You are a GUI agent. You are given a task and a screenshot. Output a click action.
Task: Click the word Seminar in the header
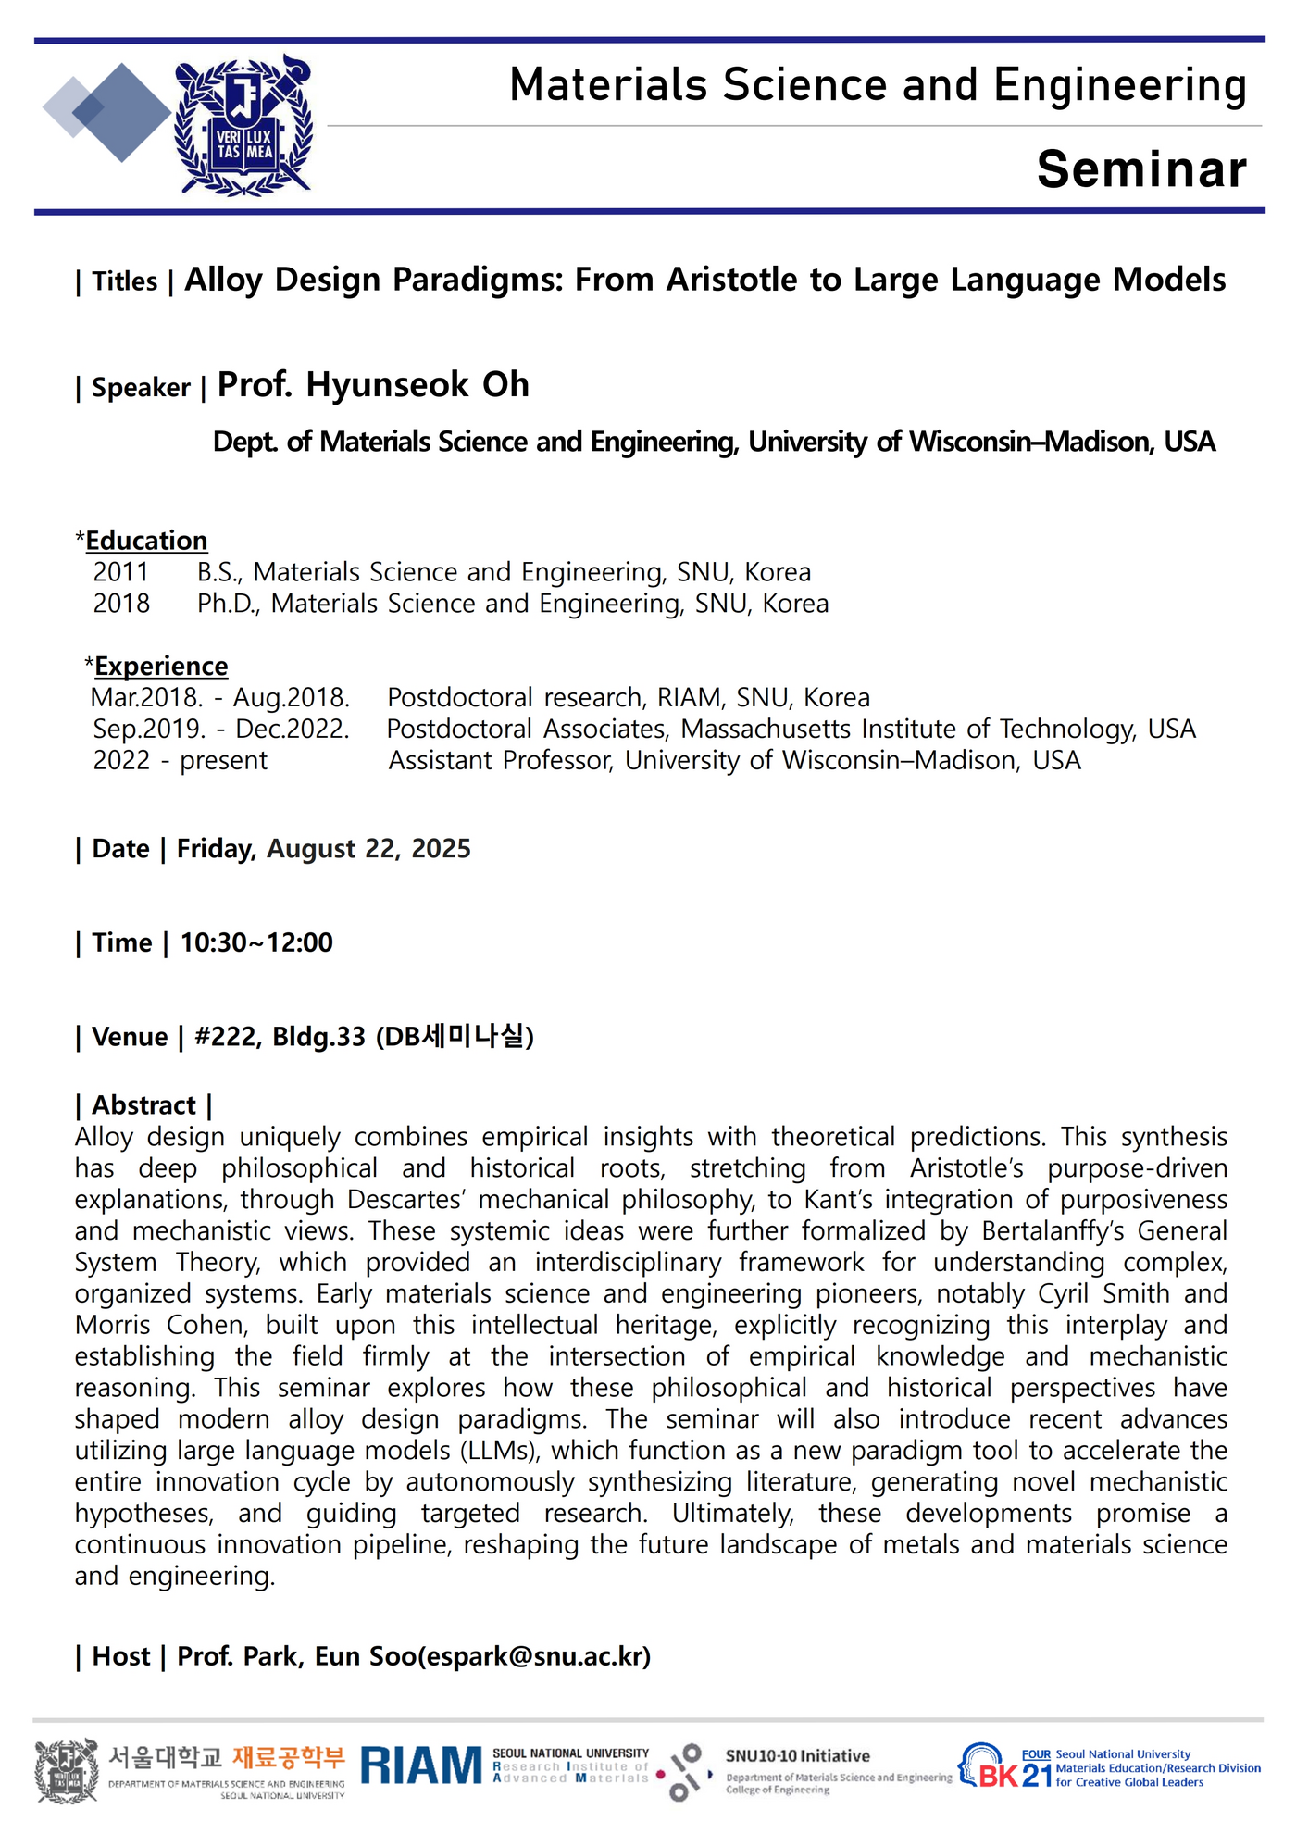point(1141,169)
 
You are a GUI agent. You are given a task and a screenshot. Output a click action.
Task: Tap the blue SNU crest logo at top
point(243,125)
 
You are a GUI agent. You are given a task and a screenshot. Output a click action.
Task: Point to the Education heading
point(146,541)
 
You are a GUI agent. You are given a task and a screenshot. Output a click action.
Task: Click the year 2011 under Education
point(120,572)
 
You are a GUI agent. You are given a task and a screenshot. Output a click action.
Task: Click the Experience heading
point(161,667)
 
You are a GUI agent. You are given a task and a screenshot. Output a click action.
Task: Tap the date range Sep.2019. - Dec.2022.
point(221,730)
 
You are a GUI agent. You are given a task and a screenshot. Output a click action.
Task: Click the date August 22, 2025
point(368,849)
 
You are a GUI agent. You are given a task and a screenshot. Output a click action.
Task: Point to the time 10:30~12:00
point(256,942)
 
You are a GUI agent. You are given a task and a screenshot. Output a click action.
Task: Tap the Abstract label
point(143,1105)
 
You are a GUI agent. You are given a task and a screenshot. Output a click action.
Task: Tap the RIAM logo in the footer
point(421,1765)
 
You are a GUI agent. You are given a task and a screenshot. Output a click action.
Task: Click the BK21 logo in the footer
point(1006,1768)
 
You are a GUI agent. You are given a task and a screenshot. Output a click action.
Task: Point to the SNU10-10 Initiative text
point(797,1756)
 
